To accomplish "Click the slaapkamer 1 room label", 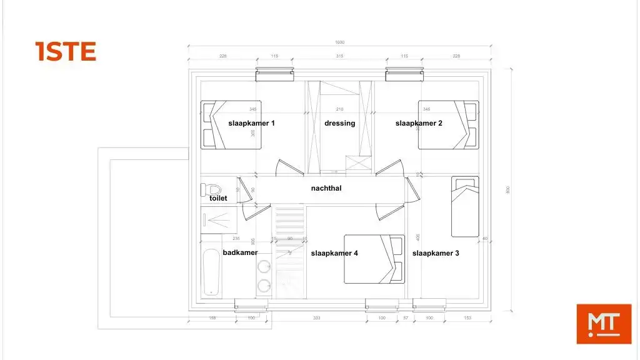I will (x=251, y=123).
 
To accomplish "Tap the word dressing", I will (x=339, y=123).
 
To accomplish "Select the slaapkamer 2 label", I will (x=419, y=123).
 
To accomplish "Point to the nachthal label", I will (x=326, y=187).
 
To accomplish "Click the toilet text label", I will (x=218, y=198).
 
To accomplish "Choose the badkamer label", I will (x=240, y=252).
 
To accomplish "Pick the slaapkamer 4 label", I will (x=334, y=253).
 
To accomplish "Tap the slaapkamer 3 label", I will (x=436, y=253).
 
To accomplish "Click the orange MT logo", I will (x=604, y=323).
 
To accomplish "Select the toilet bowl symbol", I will (x=211, y=188).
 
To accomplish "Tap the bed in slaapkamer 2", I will (x=448, y=124).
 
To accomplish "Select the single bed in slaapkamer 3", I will (x=465, y=207).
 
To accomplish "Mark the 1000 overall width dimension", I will (x=339, y=42).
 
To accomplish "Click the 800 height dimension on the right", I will (x=508, y=189).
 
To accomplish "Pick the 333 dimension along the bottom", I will (x=316, y=318).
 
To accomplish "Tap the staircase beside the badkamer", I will (x=289, y=250).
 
